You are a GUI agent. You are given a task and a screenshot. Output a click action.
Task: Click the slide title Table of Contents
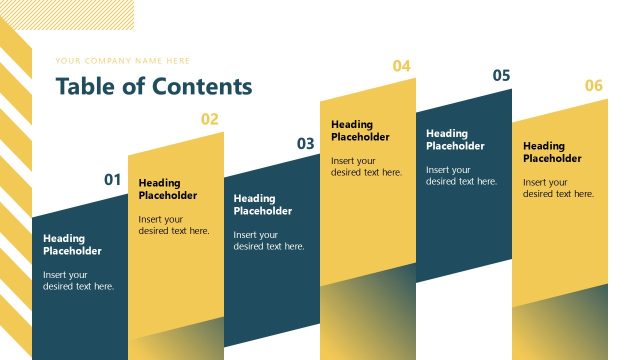pos(154,87)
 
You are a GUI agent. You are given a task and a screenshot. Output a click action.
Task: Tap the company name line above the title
pos(122,61)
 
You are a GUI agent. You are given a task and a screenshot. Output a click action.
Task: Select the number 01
pos(113,180)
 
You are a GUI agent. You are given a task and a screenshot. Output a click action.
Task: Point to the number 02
pos(209,119)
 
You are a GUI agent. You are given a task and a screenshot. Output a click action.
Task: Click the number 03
pos(306,144)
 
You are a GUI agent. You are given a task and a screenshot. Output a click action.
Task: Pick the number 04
pos(401,66)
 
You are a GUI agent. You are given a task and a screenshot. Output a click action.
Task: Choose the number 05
pos(502,76)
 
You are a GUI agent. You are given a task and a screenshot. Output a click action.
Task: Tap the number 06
pos(594,86)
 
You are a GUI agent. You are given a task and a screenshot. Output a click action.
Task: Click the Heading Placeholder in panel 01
pos(72,245)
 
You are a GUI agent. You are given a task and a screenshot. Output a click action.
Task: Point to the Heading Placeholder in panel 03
pos(263,205)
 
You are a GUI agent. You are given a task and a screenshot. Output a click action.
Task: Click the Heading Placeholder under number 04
pos(360,131)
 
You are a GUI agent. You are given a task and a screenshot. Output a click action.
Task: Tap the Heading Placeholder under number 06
pos(552,152)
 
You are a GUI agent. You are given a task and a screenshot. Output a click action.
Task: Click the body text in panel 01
pos(78,281)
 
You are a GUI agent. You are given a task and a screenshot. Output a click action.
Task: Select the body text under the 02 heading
pos(174,225)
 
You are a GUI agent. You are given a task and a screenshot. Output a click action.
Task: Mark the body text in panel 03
pos(269,241)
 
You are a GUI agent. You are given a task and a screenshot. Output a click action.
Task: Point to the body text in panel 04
pos(366,166)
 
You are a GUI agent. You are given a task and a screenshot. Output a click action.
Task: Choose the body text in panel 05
pos(461,176)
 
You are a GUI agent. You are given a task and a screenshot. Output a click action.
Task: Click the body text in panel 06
pos(558,188)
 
